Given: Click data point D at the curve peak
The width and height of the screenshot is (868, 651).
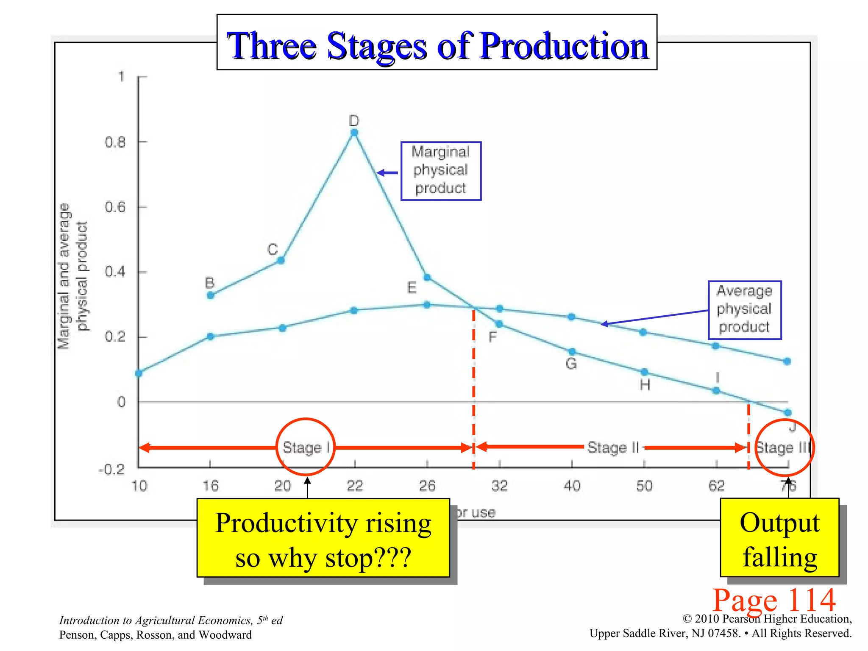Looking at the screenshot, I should pyautogui.click(x=354, y=133).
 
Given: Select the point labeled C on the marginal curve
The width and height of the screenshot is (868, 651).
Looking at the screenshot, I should pyautogui.click(x=281, y=260).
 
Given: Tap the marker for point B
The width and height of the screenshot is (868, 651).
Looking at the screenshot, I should pyautogui.click(x=210, y=295).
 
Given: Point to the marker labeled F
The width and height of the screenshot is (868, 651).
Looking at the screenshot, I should pyautogui.click(x=499, y=324).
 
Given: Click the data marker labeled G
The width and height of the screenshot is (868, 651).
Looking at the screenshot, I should pyautogui.click(x=572, y=352).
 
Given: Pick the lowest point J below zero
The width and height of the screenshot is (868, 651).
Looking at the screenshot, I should pyautogui.click(x=787, y=412).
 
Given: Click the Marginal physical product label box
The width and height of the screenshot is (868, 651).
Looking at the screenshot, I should pyautogui.click(x=441, y=170).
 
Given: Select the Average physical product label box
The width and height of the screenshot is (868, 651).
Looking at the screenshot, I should pyautogui.click(x=744, y=309).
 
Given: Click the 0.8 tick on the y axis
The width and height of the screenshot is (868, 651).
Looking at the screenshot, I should pyautogui.click(x=115, y=142).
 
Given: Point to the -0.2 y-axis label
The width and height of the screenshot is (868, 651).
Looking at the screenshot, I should pyautogui.click(x=112, y=470).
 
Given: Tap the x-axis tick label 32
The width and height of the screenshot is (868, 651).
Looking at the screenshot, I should pyautogui.click(x=499, y=486).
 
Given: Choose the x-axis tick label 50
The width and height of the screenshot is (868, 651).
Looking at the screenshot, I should pyautogui.click(x=644, y=486).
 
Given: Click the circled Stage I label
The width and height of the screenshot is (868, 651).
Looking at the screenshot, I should pyautogui.click(x=306, y=447).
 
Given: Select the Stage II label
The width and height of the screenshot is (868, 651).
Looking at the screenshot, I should pyautogui.click(x=613, y=447).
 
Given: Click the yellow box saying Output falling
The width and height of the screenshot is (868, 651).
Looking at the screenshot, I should pyautogui.click(x=779, y=537).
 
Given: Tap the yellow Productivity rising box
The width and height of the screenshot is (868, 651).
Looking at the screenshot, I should pyautogui.click(x=323, y=537).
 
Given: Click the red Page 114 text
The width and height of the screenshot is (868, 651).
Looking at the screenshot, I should pyautogui.click(x=774, y=600).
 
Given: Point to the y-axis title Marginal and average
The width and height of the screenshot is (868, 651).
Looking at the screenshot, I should pyautogui.click(x=64, y=275).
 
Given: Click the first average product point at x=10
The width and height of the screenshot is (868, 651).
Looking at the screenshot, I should pyautogui.click(x=139, y=373).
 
